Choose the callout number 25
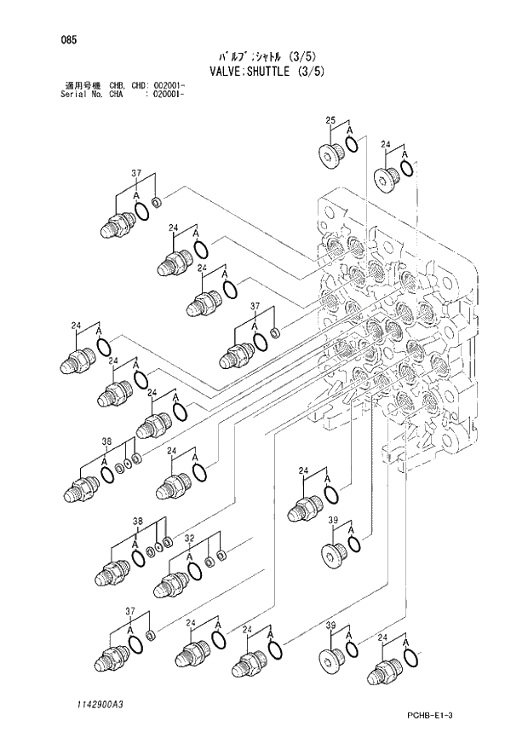[x=331, y=121]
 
